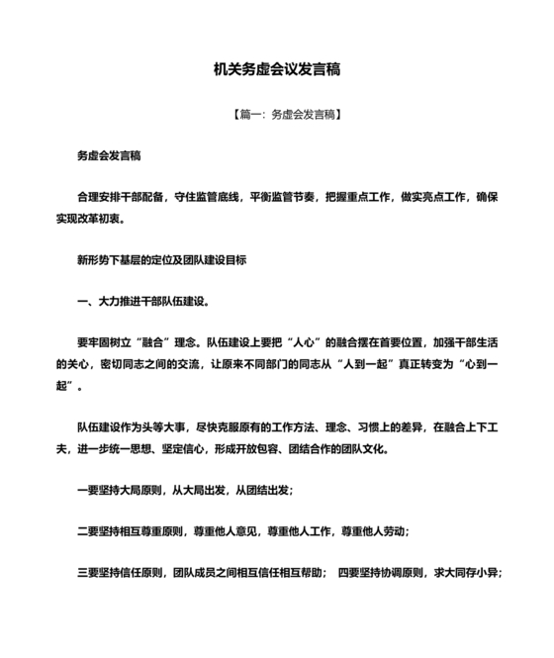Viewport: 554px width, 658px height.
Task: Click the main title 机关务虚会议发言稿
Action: tap(277, 69)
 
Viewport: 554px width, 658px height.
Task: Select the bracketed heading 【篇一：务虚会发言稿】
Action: tap(277, 115)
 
